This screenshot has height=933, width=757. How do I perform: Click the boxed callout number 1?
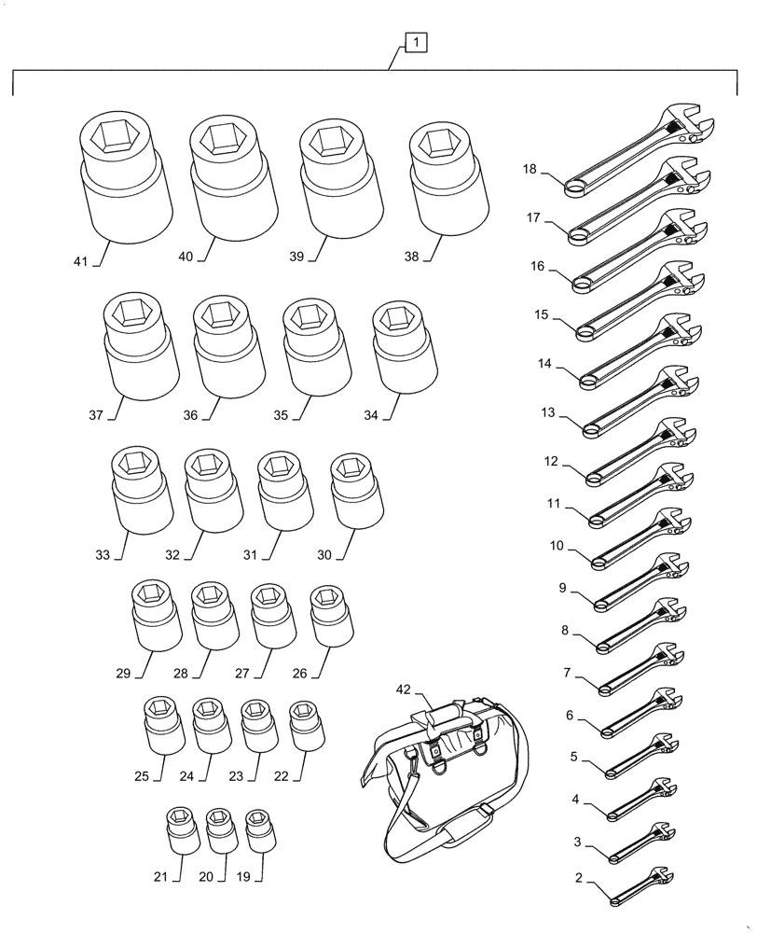point(415,42)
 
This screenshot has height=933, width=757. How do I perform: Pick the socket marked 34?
point(404,346)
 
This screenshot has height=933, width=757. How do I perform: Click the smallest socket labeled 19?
point(258,829)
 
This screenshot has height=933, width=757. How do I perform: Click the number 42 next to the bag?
point(402,689)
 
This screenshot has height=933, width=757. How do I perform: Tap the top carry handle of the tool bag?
point(446,717)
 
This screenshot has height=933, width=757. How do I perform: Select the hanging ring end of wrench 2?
point(615,900)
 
